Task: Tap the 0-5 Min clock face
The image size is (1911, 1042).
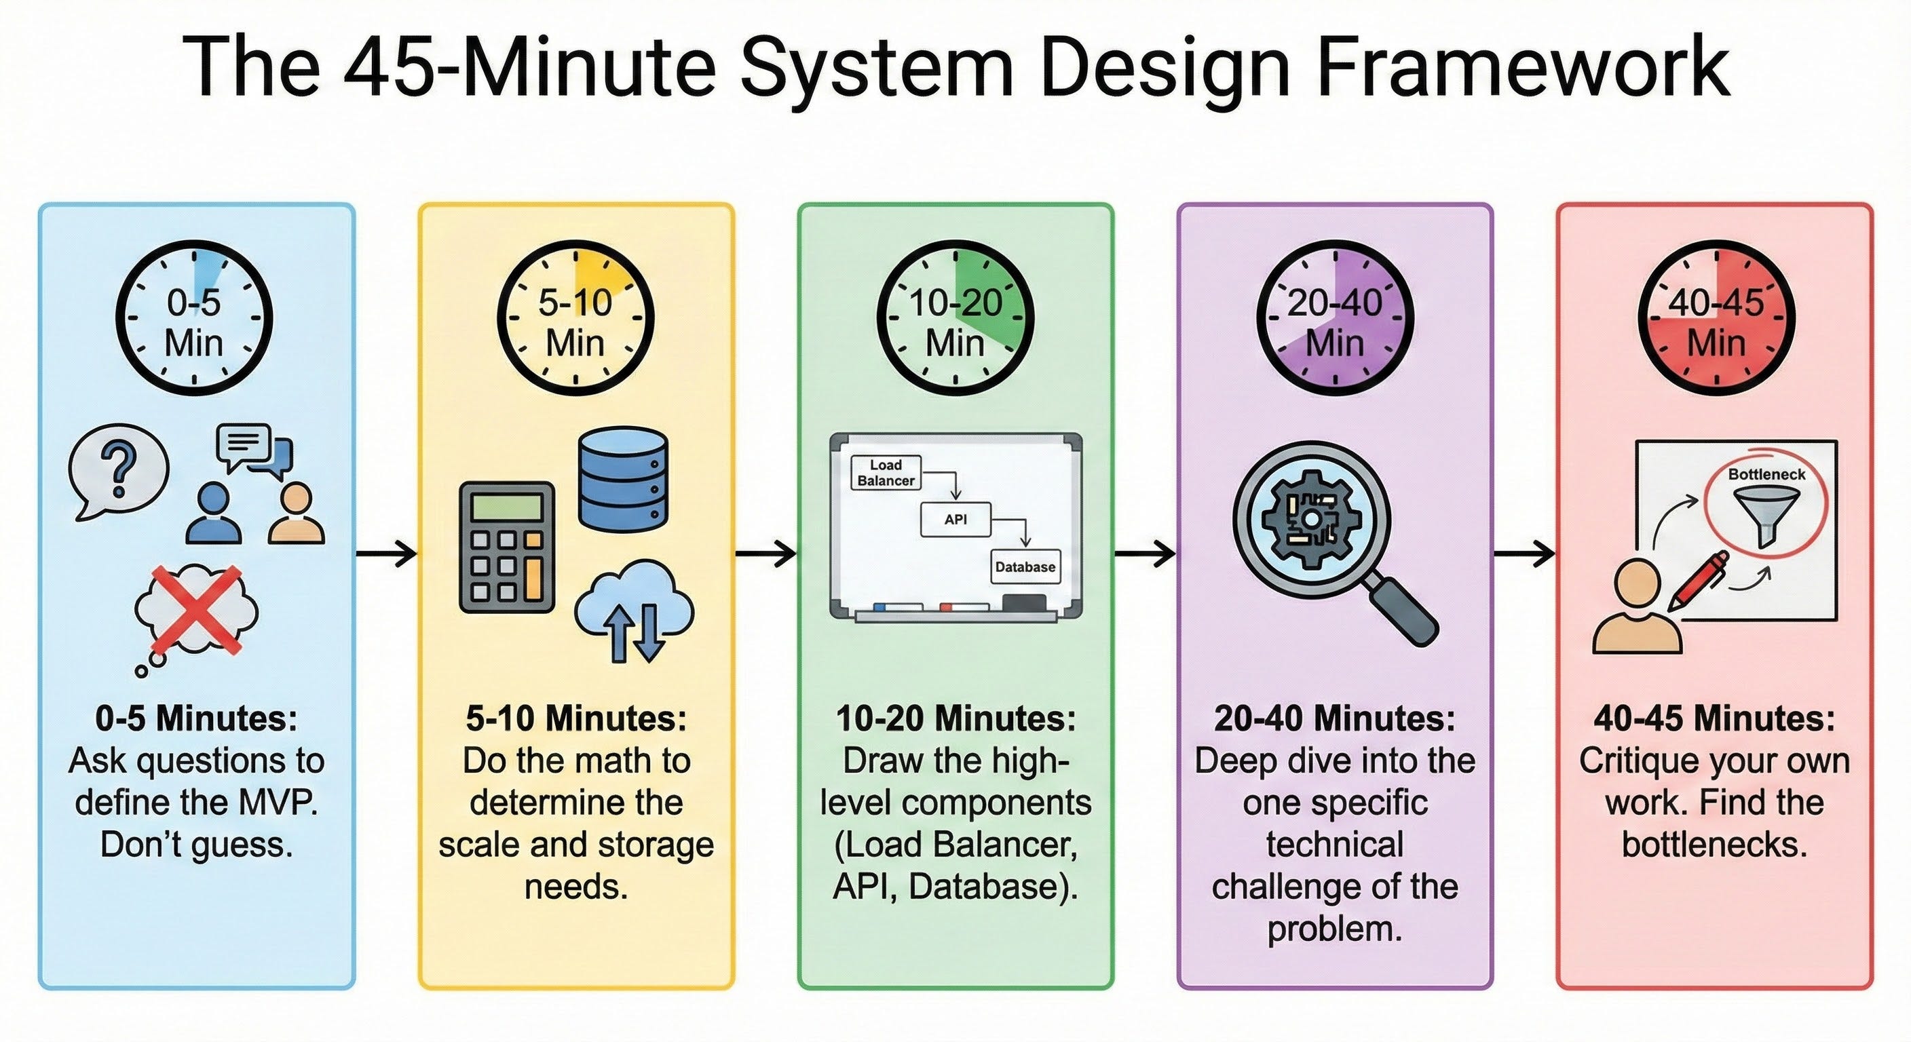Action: (x=194, y=317)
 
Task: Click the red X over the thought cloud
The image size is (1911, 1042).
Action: (x=197, y=610)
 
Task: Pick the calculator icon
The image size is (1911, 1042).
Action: (x=507, y=547)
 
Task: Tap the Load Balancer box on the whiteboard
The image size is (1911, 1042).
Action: (x=886, y=472)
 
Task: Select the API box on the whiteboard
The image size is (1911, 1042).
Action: (x=955, y=519)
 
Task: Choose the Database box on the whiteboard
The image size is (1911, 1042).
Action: (x=1025, y=566)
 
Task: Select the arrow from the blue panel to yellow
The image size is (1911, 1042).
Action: (x=385, y=554)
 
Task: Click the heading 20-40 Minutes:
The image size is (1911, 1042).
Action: (x=1335, y=718)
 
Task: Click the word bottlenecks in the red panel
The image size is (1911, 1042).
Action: (x=1714, y=844)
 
